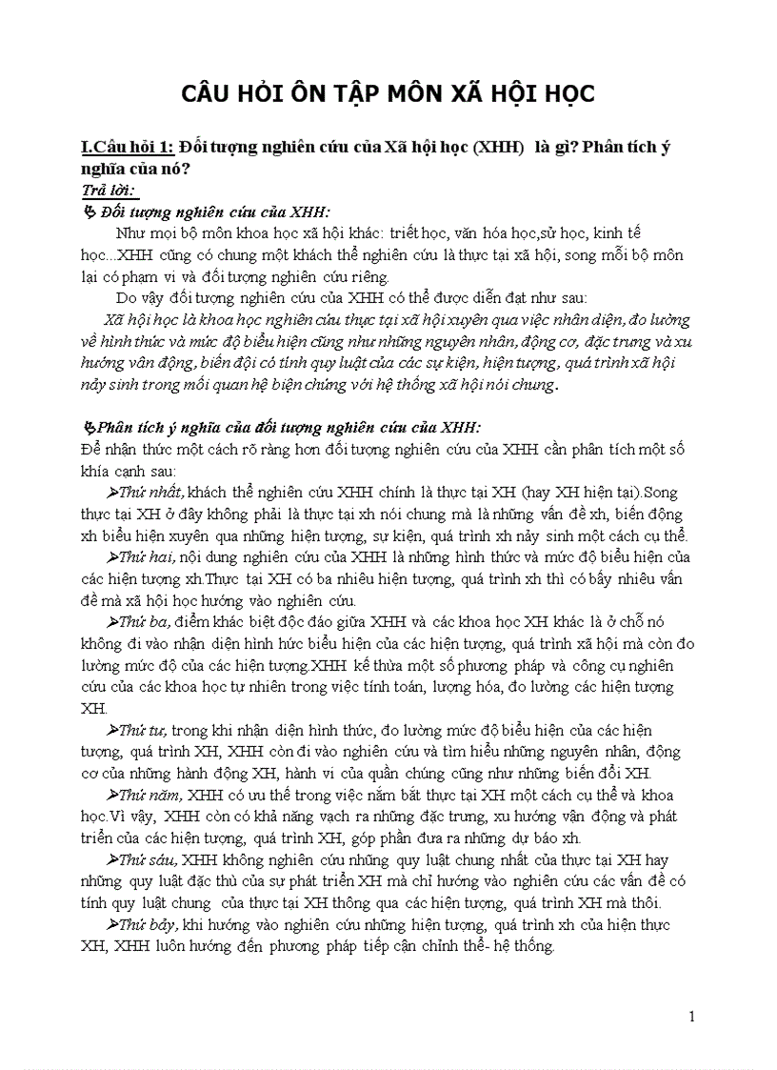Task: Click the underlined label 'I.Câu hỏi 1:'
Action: pyautogui.click(x=128, y=147)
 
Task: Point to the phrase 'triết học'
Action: pyautogui.click(x=403, y=233)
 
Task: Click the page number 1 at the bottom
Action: pyautogui.click(x=692, y=1017)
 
